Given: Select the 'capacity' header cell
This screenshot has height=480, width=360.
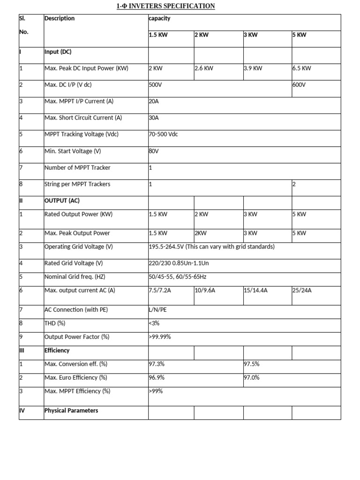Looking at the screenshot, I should (159, 18).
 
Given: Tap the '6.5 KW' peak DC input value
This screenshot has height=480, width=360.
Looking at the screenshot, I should (301, 68).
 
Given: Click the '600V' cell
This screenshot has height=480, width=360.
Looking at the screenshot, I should (299, 85).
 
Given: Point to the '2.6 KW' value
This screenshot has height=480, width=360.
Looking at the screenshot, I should (204, 68).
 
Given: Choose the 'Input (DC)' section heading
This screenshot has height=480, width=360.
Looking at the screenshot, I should (58, 52).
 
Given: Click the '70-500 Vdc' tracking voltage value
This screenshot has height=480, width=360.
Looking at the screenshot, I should (163, 134).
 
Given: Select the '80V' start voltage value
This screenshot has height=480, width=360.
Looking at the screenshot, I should (154, 151).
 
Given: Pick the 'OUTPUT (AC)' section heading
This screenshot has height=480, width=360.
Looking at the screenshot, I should (62, 200).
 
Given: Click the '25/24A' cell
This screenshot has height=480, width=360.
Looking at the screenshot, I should (302, 290).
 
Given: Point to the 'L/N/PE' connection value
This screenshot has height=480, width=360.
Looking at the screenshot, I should (157, 309).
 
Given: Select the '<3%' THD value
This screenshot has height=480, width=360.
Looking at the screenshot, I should (154, 323).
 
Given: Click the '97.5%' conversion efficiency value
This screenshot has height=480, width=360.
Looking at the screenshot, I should (252, 364).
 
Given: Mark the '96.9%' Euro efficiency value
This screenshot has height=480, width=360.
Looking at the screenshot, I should (157, 377).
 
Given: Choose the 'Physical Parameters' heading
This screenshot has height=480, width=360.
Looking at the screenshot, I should (71, 410).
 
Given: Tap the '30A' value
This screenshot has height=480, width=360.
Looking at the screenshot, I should (154, 118).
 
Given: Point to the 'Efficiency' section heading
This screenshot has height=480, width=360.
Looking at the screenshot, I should (57, 350).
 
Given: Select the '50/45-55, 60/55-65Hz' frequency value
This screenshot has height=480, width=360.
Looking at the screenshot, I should (178, 277).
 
